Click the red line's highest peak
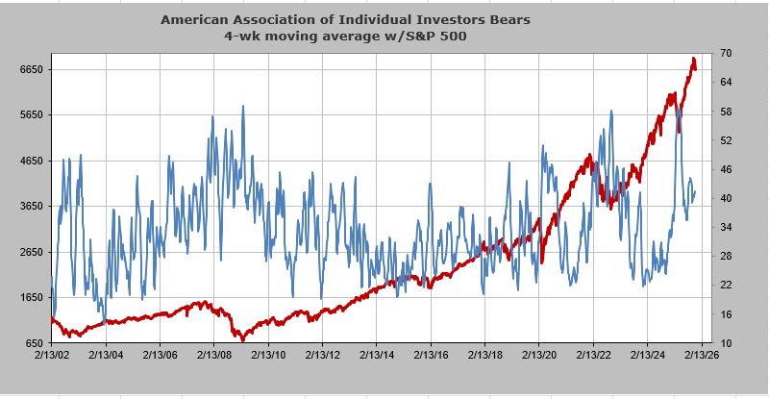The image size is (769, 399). coord(693,61)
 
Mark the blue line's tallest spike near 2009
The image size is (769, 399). coord(242,107)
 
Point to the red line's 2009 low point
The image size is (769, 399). coord(242,338)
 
